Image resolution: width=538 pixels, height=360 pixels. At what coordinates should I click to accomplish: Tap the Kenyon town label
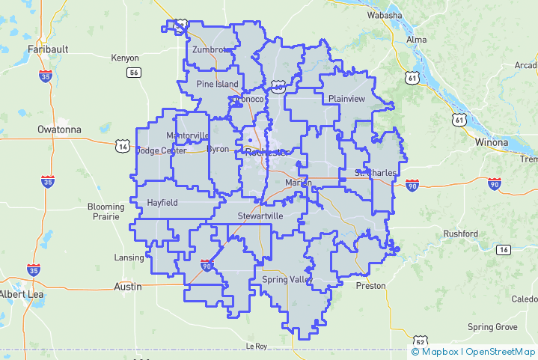125,58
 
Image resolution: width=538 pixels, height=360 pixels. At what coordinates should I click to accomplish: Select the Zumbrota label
210,50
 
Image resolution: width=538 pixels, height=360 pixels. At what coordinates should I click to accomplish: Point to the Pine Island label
217,84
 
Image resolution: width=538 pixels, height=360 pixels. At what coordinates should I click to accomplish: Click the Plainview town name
346,99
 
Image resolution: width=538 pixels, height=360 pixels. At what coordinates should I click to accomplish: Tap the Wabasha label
385,15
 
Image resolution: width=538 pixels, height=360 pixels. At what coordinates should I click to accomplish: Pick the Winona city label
492,141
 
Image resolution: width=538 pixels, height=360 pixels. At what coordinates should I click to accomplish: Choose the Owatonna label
59,129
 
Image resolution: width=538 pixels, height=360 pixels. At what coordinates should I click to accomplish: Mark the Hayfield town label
162,203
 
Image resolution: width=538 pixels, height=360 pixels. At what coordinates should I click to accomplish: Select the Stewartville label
260,216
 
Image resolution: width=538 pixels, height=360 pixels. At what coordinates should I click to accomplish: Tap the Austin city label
126,287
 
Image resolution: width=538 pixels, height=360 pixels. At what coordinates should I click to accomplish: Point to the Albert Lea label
22,293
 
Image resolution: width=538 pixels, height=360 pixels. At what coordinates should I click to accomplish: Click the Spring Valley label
286,279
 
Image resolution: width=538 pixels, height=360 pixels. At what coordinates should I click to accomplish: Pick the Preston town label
371,286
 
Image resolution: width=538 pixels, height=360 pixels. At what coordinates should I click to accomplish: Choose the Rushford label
460,234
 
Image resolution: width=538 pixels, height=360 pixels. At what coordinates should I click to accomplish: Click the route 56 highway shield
134,73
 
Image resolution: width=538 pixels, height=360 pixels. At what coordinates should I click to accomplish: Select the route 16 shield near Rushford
503,249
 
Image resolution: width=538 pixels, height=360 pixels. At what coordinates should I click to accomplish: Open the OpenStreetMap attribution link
501,351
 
